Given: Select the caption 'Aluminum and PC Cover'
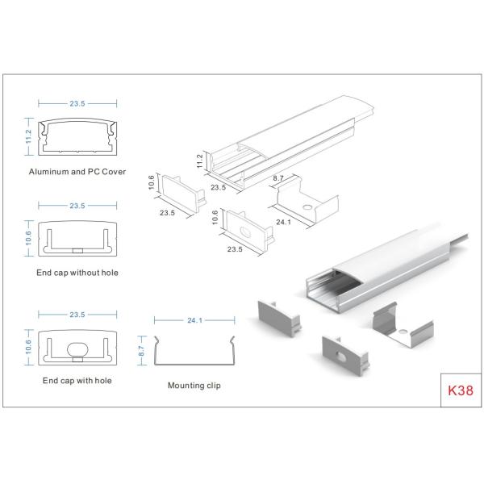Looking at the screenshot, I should [77, 172].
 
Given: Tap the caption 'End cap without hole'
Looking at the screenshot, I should [77, 273].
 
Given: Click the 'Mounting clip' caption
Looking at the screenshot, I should [194, 386].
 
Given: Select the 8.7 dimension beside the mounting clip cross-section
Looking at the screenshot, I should [142, 348].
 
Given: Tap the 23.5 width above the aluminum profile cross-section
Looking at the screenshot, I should [77, 103].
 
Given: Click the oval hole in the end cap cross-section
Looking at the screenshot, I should [78, 349].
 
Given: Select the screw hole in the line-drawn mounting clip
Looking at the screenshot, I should [307, 208].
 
